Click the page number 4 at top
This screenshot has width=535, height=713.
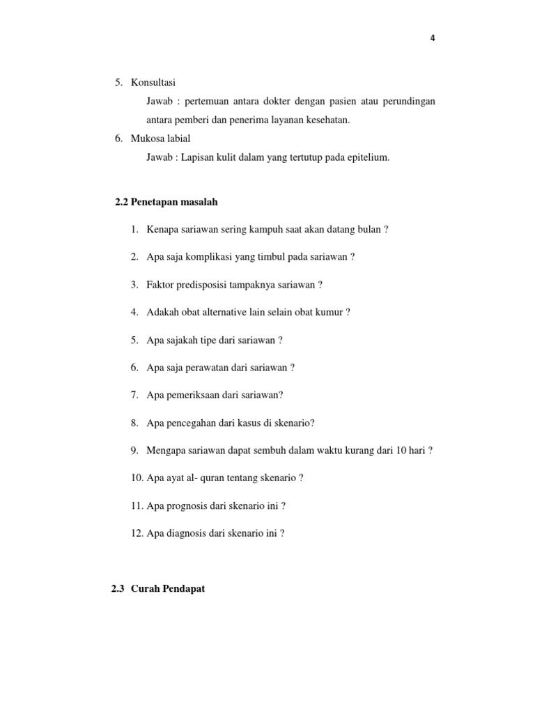tap(433, 38)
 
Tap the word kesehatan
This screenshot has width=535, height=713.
tap(327, 120)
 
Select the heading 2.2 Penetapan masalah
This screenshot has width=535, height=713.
tap(166, 202)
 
